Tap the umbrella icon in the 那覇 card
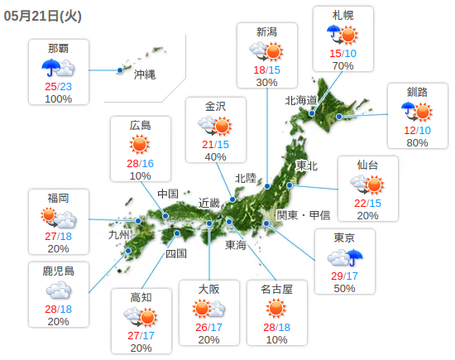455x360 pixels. tap(51, 68)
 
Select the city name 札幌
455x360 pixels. tap(343, 15)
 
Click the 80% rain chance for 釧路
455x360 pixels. tap(417, 142)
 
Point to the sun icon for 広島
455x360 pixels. tap(140, 144)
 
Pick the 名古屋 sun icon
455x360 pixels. tap(277, 309)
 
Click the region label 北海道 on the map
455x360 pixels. tap(301, 101)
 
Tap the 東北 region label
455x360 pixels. tap(306, 166)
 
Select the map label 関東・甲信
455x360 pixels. tap(304, 215)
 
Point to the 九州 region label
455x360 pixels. tap(119, 234)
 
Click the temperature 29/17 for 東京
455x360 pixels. tap(344, 275)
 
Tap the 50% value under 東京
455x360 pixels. tap(344, 288)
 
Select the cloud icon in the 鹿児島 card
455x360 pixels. tap(58, 290)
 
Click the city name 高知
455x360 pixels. tap(141, 297)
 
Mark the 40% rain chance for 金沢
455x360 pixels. tap(215, 156)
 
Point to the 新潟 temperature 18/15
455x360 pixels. tap(266, 70)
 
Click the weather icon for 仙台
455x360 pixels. tap(367, 185)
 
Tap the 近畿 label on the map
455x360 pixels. tap(209, 203)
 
